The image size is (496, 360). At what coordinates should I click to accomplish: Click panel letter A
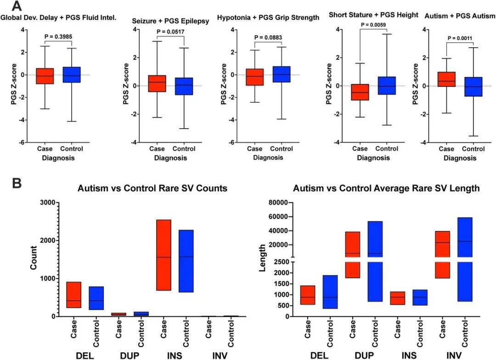(17, 6)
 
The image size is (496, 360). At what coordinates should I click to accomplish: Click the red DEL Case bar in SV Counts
(73, 295)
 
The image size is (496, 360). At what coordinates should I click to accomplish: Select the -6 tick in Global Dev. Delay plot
(22, 143)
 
